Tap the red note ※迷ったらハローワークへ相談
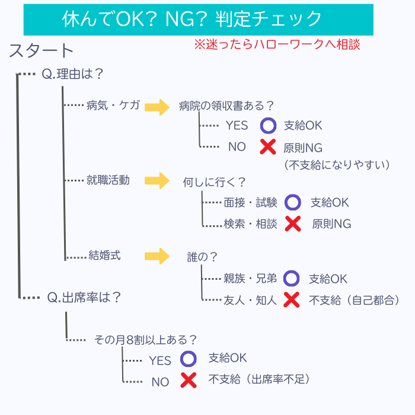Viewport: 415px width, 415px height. (x=277, y=45)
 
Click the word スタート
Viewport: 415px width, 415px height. (x=41, y=52)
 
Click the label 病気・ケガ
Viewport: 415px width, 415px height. (x=113, y=106)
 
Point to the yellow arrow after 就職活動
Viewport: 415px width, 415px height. (x=157, y=180)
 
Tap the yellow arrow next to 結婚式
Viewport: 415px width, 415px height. (x=157, y=256)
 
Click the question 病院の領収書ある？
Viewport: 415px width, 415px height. (x=226, y=106)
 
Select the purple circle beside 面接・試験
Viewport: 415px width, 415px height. (x=293, y=203)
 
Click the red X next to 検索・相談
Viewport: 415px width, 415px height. (x=292, y=224)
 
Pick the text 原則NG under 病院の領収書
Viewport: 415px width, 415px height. (x=303, y=147)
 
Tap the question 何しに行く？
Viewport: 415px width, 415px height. (x=214, y=182)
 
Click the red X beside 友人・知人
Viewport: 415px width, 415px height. (x=291, y=300)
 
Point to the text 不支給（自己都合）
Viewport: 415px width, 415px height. (x=354, y=300)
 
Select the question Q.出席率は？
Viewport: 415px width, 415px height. (x=84, y=297)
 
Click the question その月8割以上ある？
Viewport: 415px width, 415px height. (x=146, y=340)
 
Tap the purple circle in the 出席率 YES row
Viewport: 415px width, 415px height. (x=188, y=359)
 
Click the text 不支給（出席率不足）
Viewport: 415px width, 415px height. (x=259, y=379)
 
